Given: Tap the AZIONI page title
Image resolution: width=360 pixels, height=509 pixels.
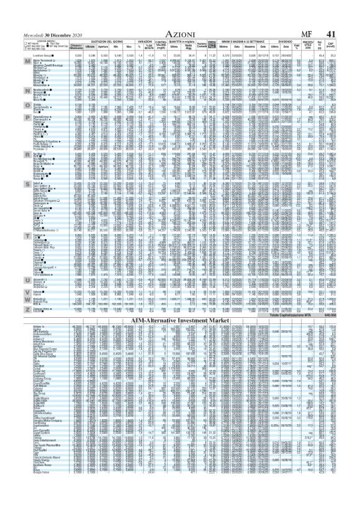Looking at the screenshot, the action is [179, 23].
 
